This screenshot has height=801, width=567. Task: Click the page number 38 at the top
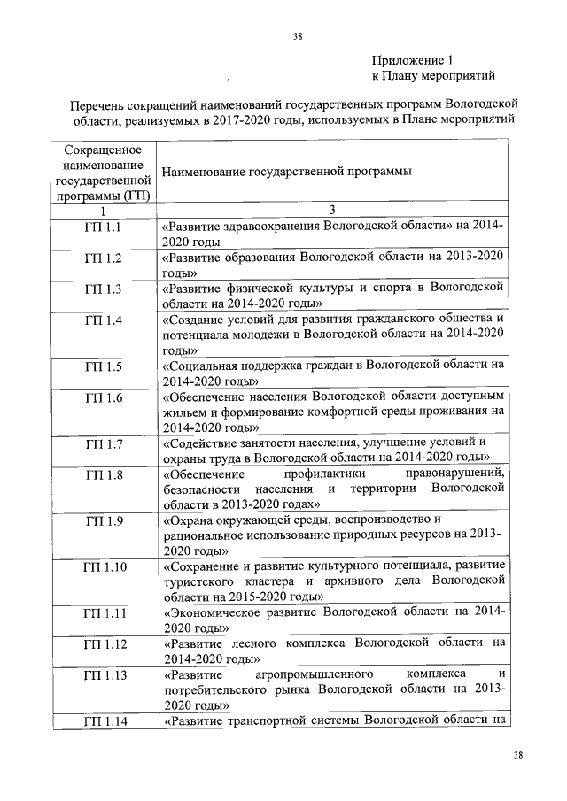tap(299, 36)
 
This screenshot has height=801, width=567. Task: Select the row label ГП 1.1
tap(103, 227)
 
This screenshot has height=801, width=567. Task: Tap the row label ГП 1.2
tap(103, 258)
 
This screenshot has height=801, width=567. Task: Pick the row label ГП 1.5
tap(103, 366)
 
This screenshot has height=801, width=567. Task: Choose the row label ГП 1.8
tap(103, 475)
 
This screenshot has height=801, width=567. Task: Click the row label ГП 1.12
tap(103, 643)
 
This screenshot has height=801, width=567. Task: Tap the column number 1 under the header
tap(103, 211)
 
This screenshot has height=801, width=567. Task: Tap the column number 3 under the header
tap(332, 211)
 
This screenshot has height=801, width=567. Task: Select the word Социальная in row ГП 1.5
tap(202, 366)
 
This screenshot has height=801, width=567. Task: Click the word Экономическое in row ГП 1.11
tap(213, 612)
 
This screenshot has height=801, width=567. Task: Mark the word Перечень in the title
tap(99, 104)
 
